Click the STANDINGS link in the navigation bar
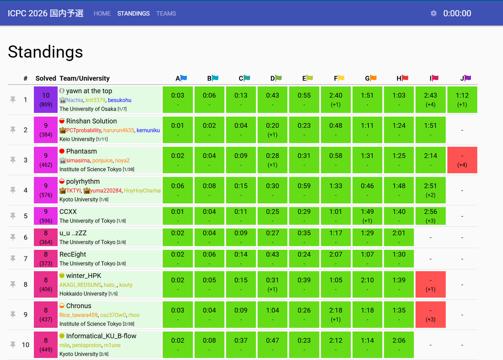pos(133,13)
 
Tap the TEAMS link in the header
pos(166,13)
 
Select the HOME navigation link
pos(102,13)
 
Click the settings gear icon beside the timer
pos(433,13)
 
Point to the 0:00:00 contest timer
pos(457,13)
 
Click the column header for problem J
pos(466,78)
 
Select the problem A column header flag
pos(184,78)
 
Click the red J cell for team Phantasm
pos(462,160)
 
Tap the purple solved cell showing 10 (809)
pos(46,99)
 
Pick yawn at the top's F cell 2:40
pos(336,99)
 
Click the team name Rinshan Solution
pos(91,121)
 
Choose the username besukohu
pos(119,100)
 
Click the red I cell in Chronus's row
pos(430,314)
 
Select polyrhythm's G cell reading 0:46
pos(367,190)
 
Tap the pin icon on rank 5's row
pos(13,216)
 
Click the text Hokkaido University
pos(83,293)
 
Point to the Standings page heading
pos(45,52)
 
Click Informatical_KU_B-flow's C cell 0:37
pos(241,344)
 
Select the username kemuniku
pos(148,130)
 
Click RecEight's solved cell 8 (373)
pos(46,259)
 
